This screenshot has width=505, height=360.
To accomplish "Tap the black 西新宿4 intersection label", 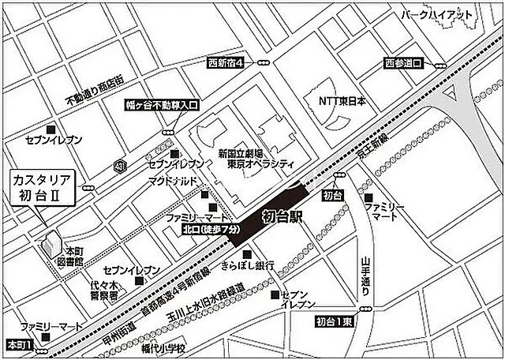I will [x=226, y=62].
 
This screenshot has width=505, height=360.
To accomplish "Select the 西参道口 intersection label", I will [x=405, y=62].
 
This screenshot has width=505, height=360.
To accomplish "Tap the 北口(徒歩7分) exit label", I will [x=211, y=230].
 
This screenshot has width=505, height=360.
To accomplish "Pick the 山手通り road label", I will [x=365, y=277].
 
